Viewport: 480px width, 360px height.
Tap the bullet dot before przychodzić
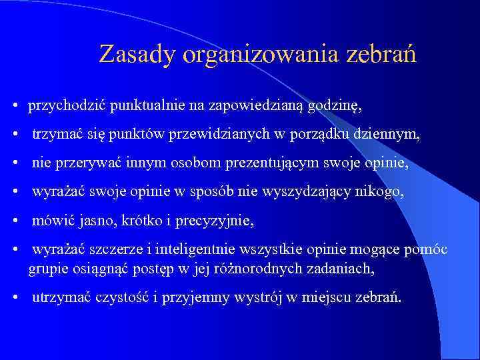15,106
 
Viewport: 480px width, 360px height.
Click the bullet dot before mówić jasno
15,221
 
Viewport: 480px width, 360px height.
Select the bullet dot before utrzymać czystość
15,297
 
